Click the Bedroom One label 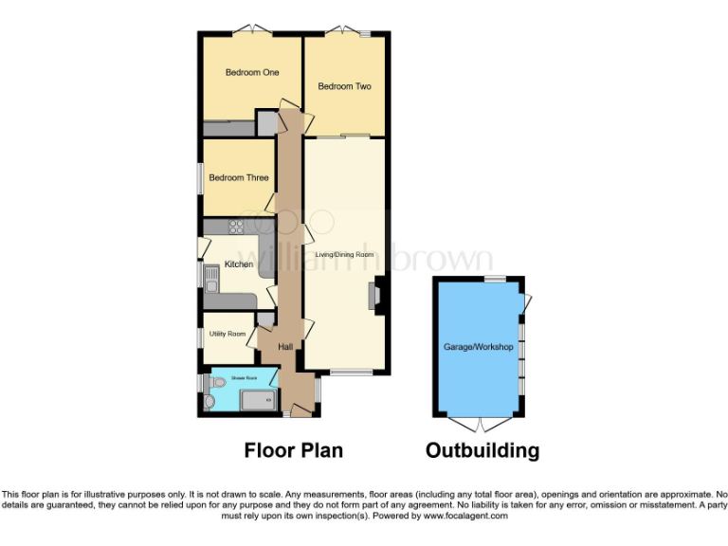(251, 73)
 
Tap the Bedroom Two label (344, 86)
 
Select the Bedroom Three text (239, 177)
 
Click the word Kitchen (238, 264)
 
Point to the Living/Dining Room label (345, 254)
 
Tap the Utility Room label (227, 334)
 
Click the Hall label (285, 347)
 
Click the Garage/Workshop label (479, 347)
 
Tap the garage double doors (479, 422)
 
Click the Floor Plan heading (294, 450)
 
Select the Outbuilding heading (482, 450)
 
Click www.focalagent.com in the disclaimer (465, 517)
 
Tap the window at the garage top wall (494, 278)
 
